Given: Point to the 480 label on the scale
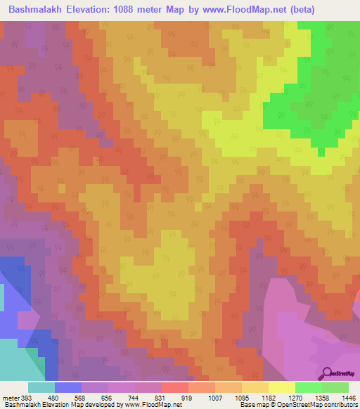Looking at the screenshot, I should [x=63, y=397].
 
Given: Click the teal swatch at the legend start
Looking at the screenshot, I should [x=41, y=387].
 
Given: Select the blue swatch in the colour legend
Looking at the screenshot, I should [x=68, y=387].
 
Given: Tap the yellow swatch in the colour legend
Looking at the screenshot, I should [x=281, y=387].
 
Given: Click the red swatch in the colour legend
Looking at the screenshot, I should [x=174, y=387].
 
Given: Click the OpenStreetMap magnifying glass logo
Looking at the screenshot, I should [x=326, y=375].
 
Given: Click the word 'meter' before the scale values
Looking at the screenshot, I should [x=11, y=397].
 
